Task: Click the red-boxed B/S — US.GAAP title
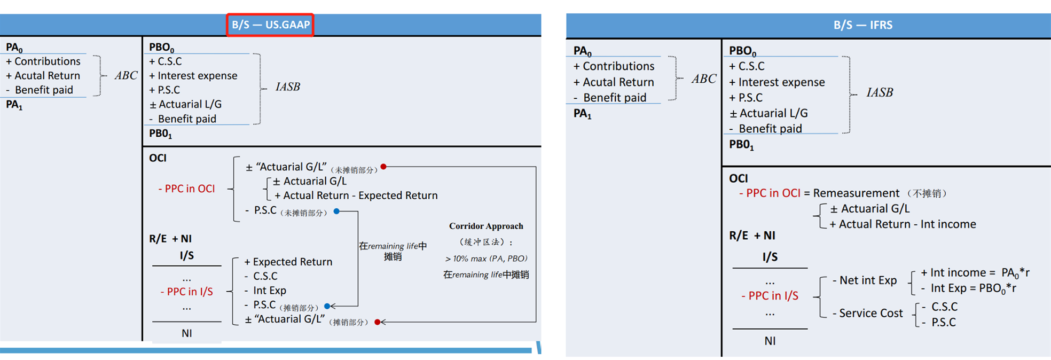(x=270, y=25)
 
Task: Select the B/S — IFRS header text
(x=862, y=25)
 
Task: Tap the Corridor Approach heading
(x=486, y=226)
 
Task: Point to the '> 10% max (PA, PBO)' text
(x=486, y=259)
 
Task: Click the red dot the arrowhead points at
(x=378, y=322)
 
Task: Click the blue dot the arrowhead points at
(x=327, y=307)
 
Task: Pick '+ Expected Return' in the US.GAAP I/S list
(x=288, y=262)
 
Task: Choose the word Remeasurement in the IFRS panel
(x=856, y=193)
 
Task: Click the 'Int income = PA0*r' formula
(x=975, y=273)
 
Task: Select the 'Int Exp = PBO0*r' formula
(x=973, y=288)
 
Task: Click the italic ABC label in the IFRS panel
(x=704, y=79)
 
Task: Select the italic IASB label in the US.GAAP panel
(x=288, y=87)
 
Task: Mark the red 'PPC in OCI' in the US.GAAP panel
(x=187, y=189)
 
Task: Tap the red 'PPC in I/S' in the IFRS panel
(x=770, y=296)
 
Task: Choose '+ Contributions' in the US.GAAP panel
(x=43, y=61)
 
